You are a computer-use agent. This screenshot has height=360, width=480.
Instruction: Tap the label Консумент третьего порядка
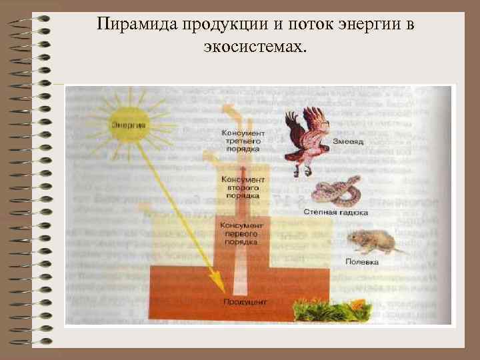[x=241, y=141]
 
